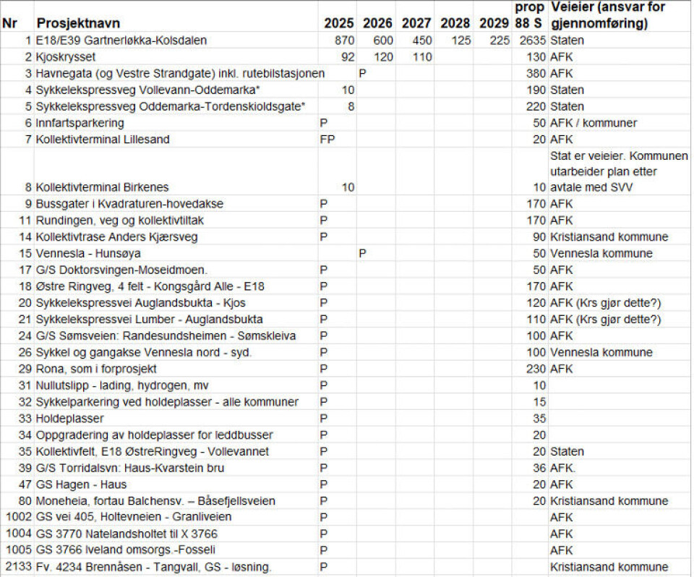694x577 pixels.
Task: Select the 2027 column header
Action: (x=416, y=23)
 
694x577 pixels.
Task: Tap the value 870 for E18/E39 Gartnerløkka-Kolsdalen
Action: (x=341, y=40)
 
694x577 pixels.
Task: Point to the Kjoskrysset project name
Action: (x=66, y=56)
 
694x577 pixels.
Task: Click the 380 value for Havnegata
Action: (x=536, y=73)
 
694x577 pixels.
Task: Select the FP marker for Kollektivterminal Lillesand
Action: (x=327, y=139)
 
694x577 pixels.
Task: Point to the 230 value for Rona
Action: (x=536, y=369)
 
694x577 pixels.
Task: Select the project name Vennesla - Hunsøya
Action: (x=88, y=253)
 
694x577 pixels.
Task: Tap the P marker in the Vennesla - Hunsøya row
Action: (x=363, y=253)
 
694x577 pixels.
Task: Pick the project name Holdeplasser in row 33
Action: (x=70, y=419)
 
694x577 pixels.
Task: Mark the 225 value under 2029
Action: (x=498, y=40)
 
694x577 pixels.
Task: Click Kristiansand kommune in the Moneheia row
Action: (x=609, y=501)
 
